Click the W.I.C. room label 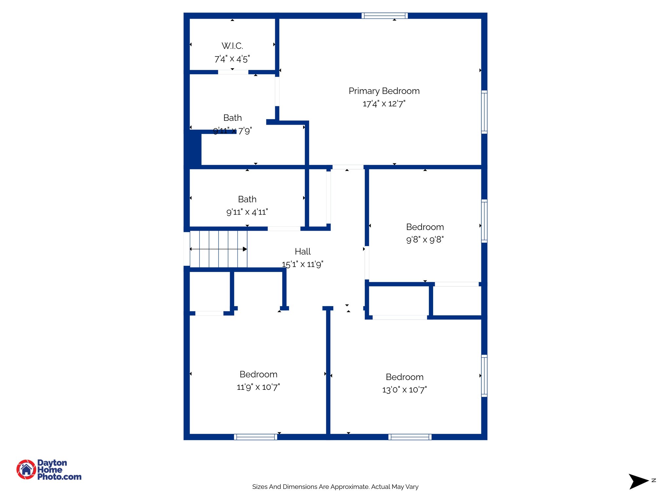[232, 46]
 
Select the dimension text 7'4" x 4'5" [232, 59]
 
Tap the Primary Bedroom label [384, 91]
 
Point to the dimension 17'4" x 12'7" [384, 104]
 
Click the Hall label [302, 252]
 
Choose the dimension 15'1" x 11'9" [302, 264]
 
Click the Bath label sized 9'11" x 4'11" [247, 199]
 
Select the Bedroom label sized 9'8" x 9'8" [425, 227]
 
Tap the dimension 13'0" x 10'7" [404, 390]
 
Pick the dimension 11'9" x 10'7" [258, 387]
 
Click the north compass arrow [638, 481]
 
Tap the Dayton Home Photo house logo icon [26, 469]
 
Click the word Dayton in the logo [52, 463]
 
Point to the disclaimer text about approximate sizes [335, 487]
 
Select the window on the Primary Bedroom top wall [385, 15]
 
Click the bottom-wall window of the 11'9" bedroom [256, 437]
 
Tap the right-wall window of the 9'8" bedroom [484, 221]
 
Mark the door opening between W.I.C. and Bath [233, 72]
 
